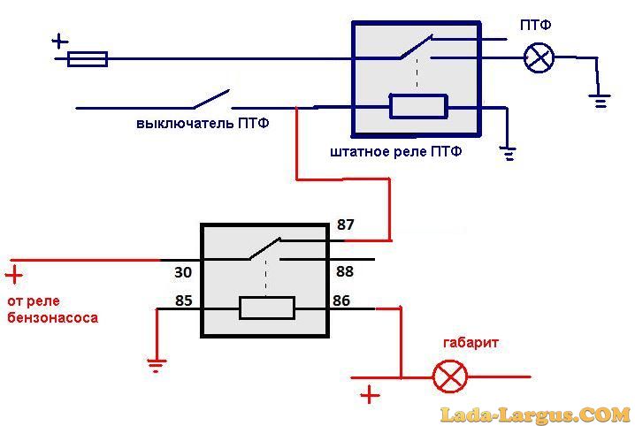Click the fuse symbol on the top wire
(x=88, y=59)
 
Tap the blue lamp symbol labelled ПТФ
(x=539, y=58)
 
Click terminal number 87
(x=345, y=225)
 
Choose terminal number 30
(x=183, y=273)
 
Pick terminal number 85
(x=183, y=300)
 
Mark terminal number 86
(x=340, y=300)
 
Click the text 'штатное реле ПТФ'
(x=395, y=152)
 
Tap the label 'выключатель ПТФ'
(x=203, y=124)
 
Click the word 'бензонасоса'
(x=52, y=317)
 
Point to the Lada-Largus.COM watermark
(x=535, y=414)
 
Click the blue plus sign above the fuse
(x=59, y=40)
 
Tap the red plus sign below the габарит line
(x=370, y=394)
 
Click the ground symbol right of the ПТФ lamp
(x=601, y=101)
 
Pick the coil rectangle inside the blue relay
(x=418, y=108)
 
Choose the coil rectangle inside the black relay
(x=267, y=308)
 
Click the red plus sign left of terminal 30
(x=14, y=275)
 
